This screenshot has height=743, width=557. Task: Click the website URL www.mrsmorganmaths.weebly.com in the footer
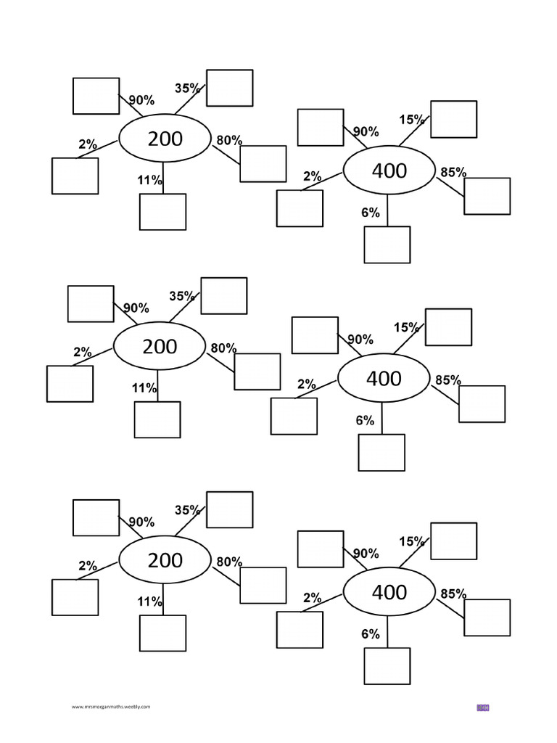click(x=111, y=706)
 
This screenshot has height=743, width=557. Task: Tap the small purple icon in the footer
click(x=483, y=707)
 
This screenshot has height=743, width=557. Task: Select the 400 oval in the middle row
click(x=384, y=379)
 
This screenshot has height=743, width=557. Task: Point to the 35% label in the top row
click(x=187, y=89)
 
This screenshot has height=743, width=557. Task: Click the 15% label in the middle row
click(x=406, y=327)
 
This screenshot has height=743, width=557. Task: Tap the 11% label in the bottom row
click(x=150, y=602)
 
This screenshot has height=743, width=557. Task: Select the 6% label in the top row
click(x=370, y=213)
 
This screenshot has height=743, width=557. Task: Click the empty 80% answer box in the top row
click(x=263, y=163)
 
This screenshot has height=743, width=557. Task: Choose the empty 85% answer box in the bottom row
click(x=487, y=617)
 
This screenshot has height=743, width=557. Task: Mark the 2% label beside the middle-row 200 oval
click(x=82, y=352)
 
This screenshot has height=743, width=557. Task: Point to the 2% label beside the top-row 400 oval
click(x=312, y=176)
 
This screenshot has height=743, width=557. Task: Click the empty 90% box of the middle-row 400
click(x=315, y=335)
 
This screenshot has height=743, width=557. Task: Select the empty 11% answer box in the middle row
click(x=157, y=419)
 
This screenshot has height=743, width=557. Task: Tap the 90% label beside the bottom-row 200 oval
click(x=141, y=522)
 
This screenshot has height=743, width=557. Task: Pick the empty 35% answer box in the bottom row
click(x=229, y=509)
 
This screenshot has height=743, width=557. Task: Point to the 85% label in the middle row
click(x=447, y=379)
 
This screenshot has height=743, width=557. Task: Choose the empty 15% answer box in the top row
click(x=453, y=119)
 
